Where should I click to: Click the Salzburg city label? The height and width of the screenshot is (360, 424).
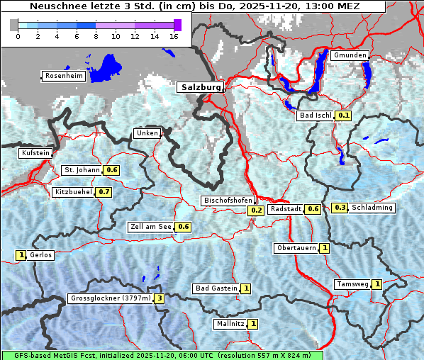201,87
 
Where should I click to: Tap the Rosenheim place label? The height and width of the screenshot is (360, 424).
63,76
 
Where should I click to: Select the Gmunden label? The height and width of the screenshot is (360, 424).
350,55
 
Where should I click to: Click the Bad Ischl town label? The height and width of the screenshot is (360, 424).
316,116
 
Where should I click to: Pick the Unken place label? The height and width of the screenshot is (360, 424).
147,133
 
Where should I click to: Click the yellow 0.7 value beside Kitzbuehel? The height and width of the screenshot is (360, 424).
104,192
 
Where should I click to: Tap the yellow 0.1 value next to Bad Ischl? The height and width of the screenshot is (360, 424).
344,116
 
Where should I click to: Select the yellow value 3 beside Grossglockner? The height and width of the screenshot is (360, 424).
160,298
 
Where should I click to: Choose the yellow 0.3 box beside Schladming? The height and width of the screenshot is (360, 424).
340,208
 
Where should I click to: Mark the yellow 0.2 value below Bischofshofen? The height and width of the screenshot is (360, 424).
256,210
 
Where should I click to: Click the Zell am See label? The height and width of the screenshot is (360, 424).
150,227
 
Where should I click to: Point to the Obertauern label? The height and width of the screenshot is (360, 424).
296,248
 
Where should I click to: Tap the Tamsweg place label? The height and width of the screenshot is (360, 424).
352,284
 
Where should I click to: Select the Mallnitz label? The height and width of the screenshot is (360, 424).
230,324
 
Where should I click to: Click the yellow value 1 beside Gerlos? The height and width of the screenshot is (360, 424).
21,255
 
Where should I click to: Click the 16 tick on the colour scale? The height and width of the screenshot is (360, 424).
174,36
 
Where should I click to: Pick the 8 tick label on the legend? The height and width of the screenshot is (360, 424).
96,36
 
